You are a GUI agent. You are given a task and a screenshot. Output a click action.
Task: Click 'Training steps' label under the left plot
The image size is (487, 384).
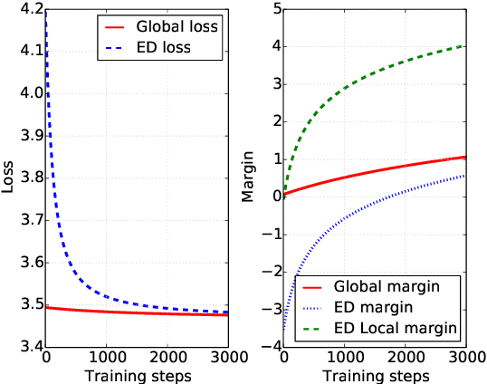(x=137, y=374)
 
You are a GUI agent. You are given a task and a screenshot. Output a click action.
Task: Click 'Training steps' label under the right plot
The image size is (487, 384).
(x=376, y=374)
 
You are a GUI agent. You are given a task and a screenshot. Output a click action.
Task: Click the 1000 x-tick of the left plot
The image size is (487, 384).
(x=107, y=358)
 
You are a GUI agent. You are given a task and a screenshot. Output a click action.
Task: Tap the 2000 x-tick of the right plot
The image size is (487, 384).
(x=406, y=358)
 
